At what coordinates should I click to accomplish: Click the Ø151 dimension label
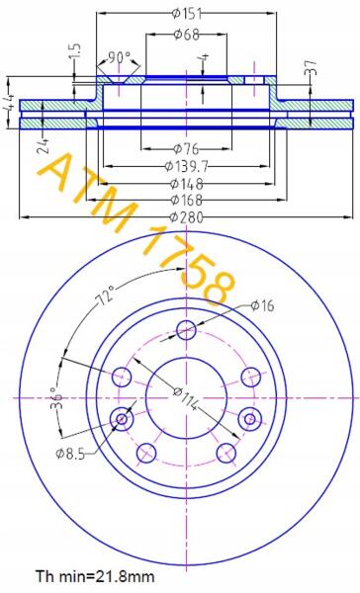[187, 14]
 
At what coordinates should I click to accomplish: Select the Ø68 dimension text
[186, 35]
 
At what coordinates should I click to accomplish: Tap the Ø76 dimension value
[186, 149]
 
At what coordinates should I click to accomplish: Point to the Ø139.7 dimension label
[187, 166]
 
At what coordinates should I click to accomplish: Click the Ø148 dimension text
[187, 184]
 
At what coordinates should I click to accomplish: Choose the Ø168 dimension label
[187, 200]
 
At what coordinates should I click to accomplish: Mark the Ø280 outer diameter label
[187, 217]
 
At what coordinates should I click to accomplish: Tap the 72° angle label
[107, 296]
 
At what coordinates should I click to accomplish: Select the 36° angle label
[56, 398]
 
